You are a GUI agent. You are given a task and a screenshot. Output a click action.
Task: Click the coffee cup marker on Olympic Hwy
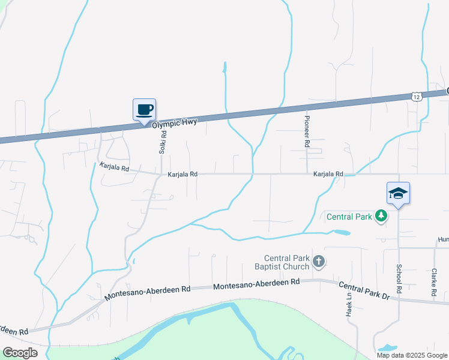[x=144, y=110]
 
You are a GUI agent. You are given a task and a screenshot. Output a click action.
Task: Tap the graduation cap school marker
[x=398, y=193]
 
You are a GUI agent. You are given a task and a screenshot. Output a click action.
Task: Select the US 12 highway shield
[x=417, y=96]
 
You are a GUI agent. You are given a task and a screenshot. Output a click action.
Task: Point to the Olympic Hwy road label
[x=174, y=122]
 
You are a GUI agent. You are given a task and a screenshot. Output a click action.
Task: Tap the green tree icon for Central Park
[x=381, y=215]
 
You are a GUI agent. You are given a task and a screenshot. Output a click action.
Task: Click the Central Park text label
[x=349, y=215]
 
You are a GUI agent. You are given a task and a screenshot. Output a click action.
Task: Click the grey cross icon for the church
[x=319, y=261]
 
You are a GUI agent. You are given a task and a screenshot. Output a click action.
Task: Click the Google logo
[x=20, y=353]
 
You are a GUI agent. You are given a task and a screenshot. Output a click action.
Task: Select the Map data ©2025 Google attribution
[x=412, y=355]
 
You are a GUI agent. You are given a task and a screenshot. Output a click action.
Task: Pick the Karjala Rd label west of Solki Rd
[x=115, y=169]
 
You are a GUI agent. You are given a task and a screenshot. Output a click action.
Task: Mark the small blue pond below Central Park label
[x=341, y=232]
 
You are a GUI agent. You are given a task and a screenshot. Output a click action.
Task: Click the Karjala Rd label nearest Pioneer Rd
[x=328, y=174]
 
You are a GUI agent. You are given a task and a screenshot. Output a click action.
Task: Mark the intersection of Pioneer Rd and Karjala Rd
[x=307, y=174]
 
